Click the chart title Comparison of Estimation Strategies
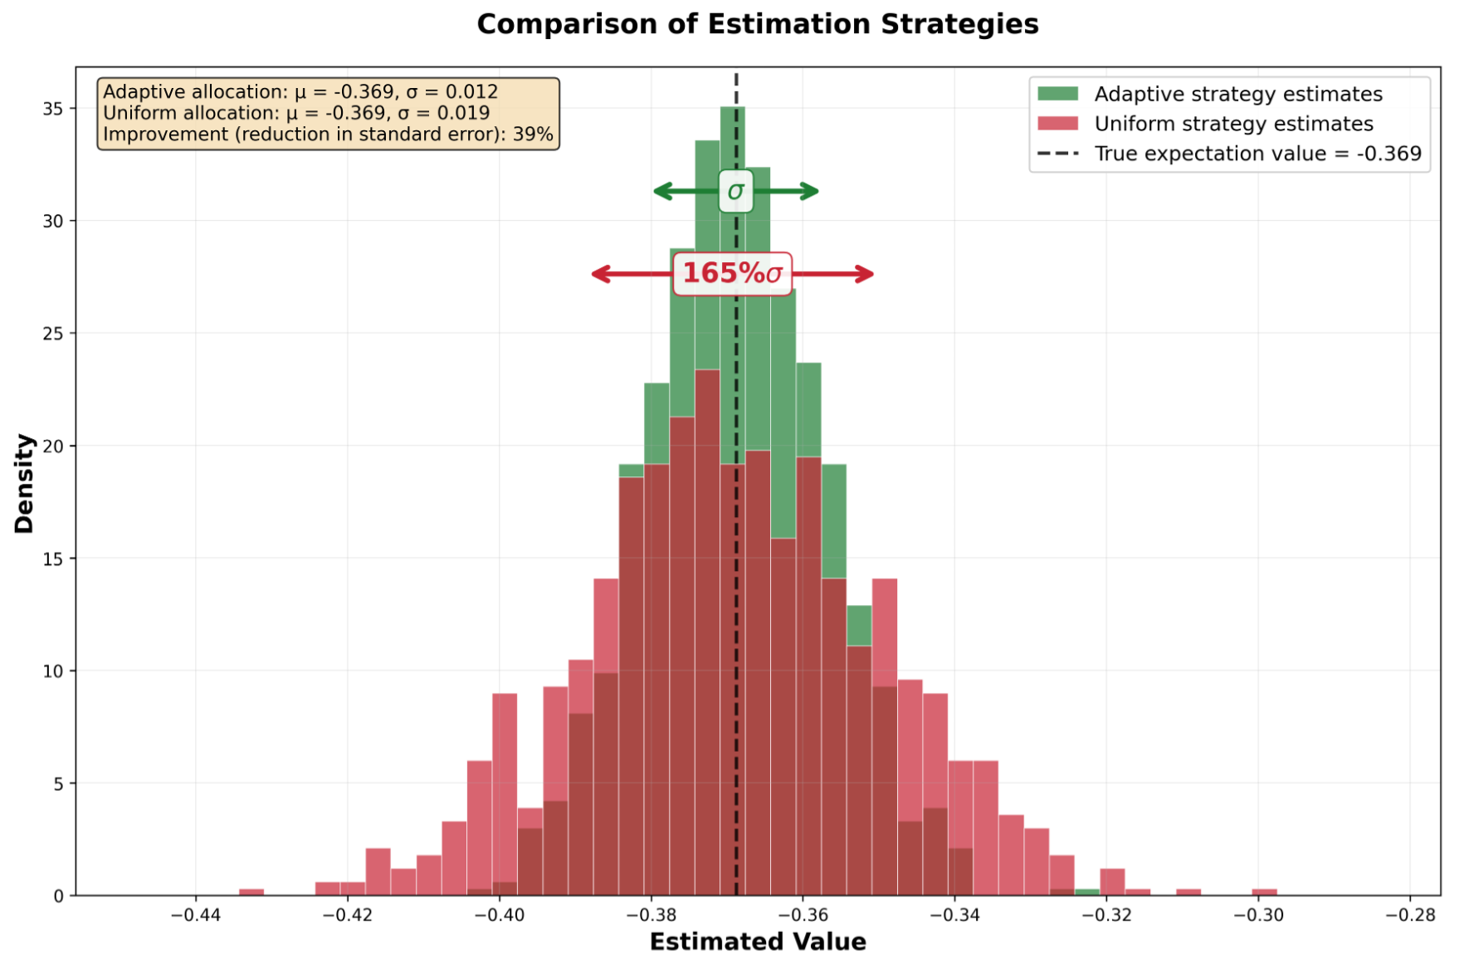(x=757, y=24)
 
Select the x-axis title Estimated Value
(x=757, y=942)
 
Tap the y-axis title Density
(x=24, y=483)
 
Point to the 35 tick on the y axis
(x=53, y=109)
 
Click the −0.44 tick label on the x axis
(x=195, y=915)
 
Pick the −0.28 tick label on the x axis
(x=1410, y=915)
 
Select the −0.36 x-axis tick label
(x=803, y=915)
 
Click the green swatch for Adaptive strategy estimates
(x=1058, y=94)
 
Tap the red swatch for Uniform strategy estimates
(x=1058, y=124)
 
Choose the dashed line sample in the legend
(x=1058, y=154)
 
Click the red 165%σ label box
(x=732, y=274)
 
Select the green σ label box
(x=735, y=191)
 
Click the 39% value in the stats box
(x=533, y=134)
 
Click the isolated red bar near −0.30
(x=1264, y=892)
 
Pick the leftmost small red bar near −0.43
(x=251, y=892)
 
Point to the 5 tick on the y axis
(x=58, y=783)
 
